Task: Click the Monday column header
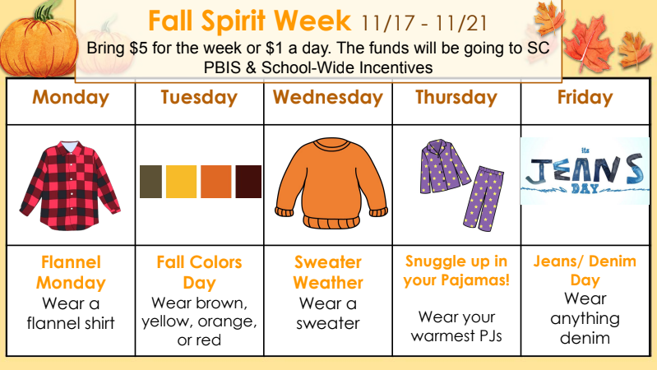(71, 98)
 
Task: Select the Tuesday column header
(199, 98)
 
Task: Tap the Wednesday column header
(328, 98)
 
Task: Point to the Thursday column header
(456, 98)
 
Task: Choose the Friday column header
(585, 98)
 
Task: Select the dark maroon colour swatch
(248, 182)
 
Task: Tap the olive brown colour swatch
(150, 182)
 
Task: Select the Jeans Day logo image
(584, 170)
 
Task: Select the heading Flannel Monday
(72, 272)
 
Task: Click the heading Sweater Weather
(328, 272)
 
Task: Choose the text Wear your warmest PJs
(456, 326)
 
